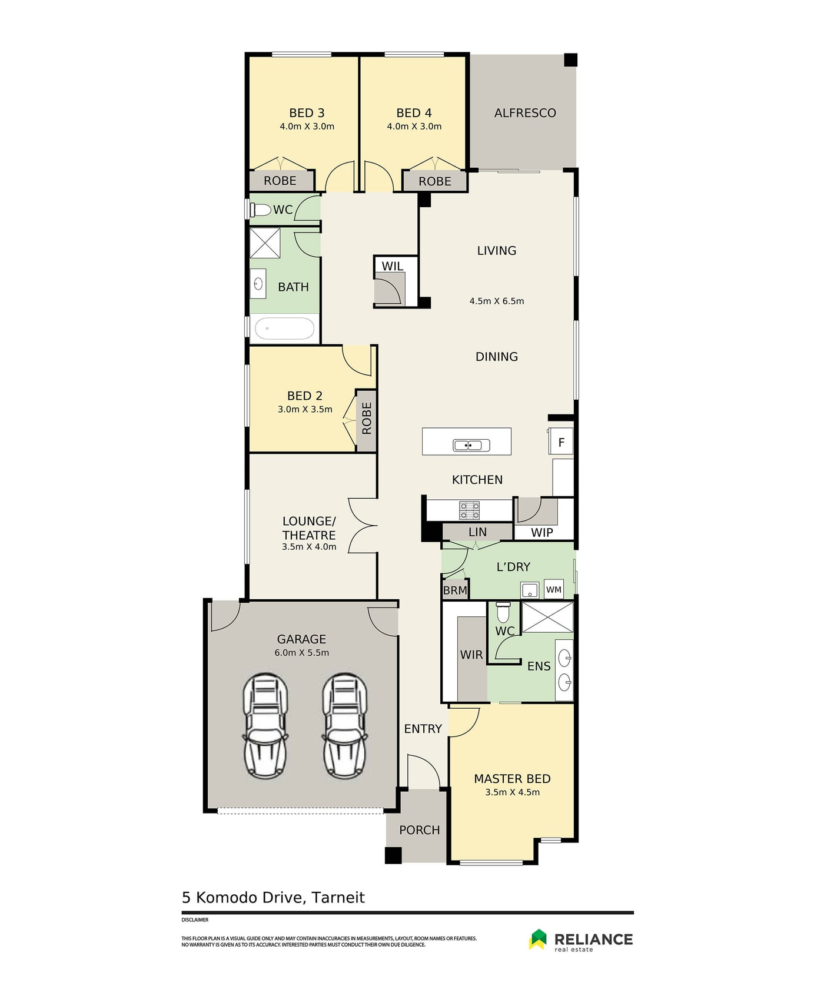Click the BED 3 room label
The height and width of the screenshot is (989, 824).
pyautogui.click(x=307, y=112)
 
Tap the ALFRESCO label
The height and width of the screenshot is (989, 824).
pyautogui.click(x=525, y=112)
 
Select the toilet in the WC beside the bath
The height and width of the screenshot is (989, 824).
pyautogui.click(x=260, y=210)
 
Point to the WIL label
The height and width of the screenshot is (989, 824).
pyautogui.click(x=393, y=266)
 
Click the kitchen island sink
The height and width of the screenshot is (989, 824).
pyautogui.click(x=471, y=445)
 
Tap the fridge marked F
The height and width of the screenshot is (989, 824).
pyautogui.click(x=561, y=442)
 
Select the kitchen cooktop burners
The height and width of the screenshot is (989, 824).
pyautogui.click(x=469, y=510)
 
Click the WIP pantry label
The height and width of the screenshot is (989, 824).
pyautogui.click(x=542, y=532)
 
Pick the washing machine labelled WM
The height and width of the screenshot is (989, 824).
pyautogui.click(x=554, y=589)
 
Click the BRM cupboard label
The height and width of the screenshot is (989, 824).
pyautogui.click(x=455, y=590)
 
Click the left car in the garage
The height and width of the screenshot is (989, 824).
pyautogui.click(x=265, y=726)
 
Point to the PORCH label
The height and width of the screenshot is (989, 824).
pyautogui.click(x=420, y=830)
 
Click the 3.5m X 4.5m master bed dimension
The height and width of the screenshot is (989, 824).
pyautogui.click(x=513, y=792)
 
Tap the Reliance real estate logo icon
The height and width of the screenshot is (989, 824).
pyautogui.click(x=538, y=939)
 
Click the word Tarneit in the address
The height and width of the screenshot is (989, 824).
pyautogui.click(x=338, y=898)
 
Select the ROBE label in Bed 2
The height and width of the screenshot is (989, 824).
pyautogui.click(x=367, y=418)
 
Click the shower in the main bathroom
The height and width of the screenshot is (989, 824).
pyautogui.click(x=265, y=243)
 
